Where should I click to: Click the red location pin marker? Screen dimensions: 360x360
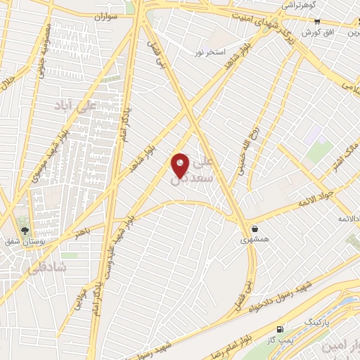tap(181, 165)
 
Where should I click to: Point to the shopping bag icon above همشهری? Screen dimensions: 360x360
tap(254, 228)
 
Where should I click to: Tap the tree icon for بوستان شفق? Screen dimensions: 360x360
tap(25, 231)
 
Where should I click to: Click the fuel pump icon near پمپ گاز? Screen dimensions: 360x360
tap(281, 329)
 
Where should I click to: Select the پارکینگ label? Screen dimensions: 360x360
tap(316, 322)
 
